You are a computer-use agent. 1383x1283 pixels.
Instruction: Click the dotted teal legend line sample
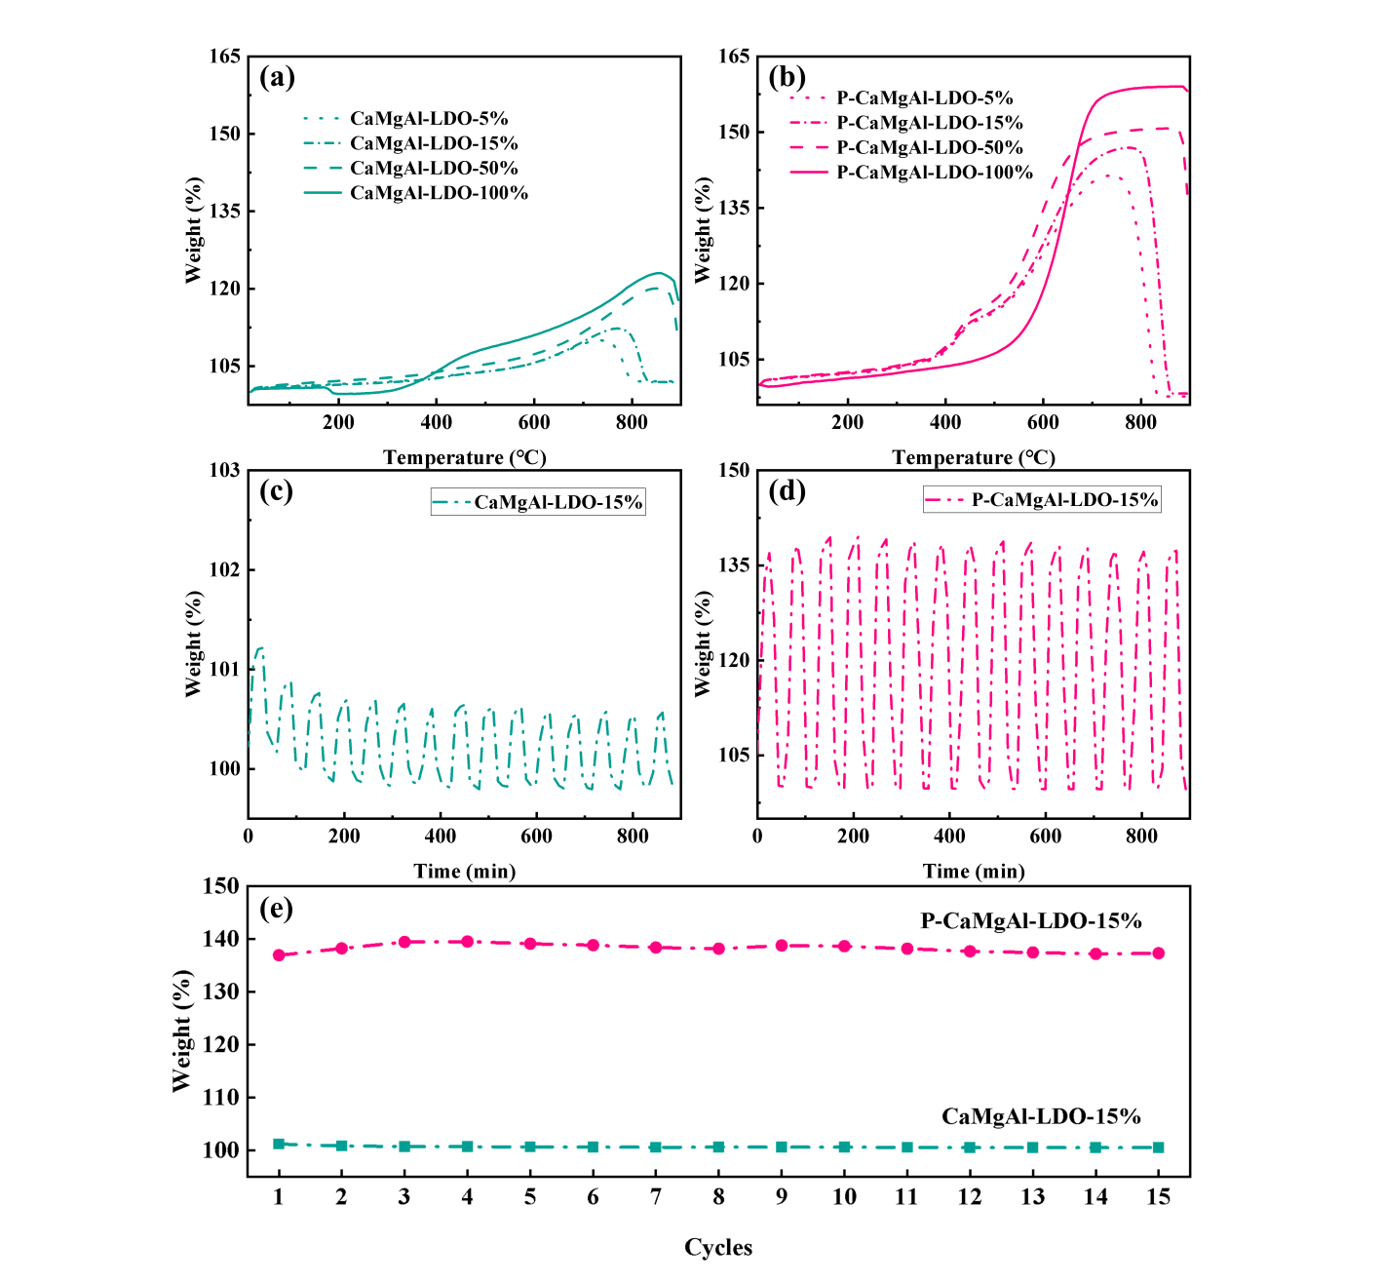point(322,118)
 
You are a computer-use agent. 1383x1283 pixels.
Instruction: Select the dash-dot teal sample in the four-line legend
point(322,143)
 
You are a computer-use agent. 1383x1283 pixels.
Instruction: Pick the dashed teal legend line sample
point(322,168)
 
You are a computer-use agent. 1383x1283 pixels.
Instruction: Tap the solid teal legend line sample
point(322,193)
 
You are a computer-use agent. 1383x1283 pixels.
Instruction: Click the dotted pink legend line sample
point(808,97)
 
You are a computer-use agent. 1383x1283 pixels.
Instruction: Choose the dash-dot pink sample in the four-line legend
point(808,123)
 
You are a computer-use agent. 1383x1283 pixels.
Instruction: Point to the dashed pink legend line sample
point(808,147)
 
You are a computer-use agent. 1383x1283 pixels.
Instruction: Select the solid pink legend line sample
point(808,173)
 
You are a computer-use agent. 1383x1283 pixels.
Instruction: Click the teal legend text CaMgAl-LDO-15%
point(557,503)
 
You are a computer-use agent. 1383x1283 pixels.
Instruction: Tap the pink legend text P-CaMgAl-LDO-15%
point(1064,500)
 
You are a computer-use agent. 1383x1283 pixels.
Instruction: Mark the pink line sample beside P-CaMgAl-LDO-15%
point(946,500)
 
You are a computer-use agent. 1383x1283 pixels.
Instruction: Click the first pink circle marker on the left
point(279,955)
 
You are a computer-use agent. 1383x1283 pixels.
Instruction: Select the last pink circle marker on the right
point(1158,953)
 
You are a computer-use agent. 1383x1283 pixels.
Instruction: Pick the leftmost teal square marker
point(279,1144)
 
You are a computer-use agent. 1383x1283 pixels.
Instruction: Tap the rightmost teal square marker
point(1158,1147)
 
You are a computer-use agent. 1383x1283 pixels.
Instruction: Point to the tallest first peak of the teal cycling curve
point(259,647)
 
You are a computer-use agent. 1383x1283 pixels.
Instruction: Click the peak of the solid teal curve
point(660,272)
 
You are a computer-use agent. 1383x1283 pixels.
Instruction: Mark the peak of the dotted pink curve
point(1108,175)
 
